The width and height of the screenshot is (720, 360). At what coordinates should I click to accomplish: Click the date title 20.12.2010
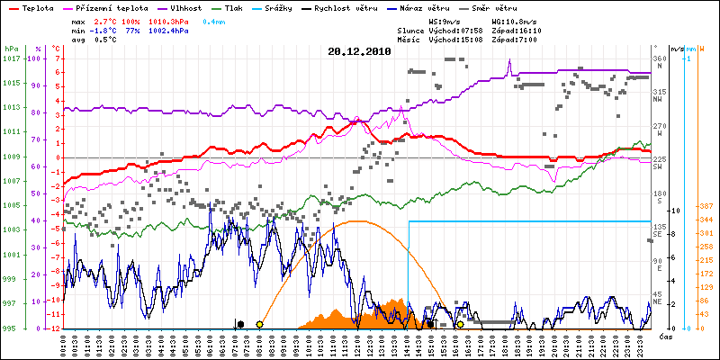[357, 52]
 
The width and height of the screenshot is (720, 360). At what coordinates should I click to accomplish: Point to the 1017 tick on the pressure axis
[11, 58]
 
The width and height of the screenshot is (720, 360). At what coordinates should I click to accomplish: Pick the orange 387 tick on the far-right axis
[706, 206]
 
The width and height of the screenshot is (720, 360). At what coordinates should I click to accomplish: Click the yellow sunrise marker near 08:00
[259, 324]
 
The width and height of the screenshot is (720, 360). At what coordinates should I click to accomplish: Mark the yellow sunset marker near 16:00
[460, 324]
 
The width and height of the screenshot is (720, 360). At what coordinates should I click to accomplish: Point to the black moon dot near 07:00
[239, 324]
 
